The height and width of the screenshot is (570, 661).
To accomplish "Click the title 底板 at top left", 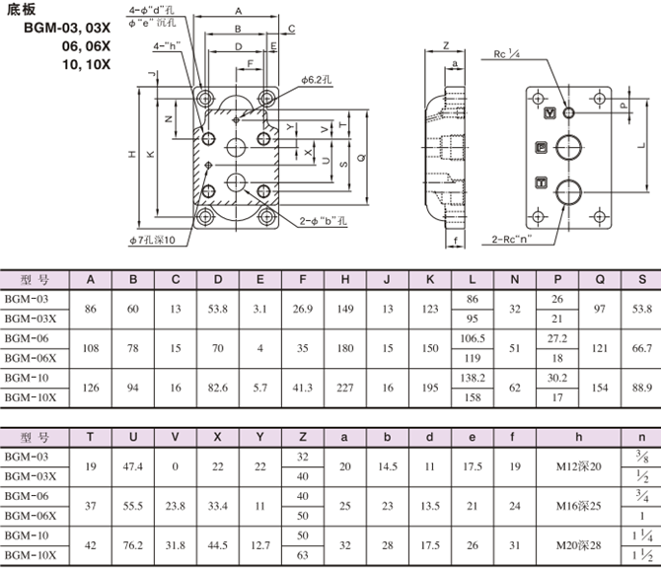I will [x=21, y=13].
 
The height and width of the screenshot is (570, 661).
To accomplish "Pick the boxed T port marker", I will [x=540, y=180].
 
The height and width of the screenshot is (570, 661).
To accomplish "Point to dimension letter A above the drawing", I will [x=238, y=11].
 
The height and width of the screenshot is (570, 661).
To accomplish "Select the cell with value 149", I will [x=344, y=310].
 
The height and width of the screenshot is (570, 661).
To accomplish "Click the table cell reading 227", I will [x=344, y=388].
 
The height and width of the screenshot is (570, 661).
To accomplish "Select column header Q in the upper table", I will [x=600, y=278].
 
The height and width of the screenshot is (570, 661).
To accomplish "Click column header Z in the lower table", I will [x=302, y=435].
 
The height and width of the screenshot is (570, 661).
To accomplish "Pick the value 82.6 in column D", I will [x=218, y=388].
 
